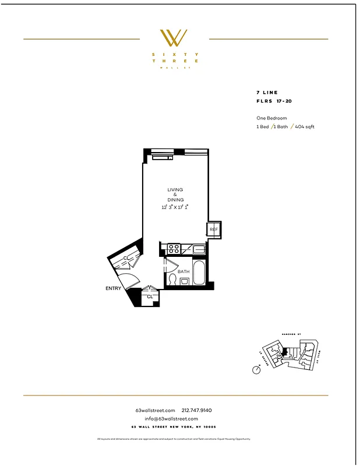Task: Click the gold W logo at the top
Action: click(x=174, y=38)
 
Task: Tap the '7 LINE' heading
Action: click(x=267, y=93)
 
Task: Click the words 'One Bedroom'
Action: click(x=271, y=118)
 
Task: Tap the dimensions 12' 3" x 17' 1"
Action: click(x=175, y=207)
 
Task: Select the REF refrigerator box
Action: click(x=214, y=230)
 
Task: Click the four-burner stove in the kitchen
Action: click(x=173, y=249)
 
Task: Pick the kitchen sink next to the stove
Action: click(x=199, y=250)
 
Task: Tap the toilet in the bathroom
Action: click(x=171, y=280)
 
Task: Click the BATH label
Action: click(x=183, y=272)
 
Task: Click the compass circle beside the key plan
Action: click(x=256, y=369)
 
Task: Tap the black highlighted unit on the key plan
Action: click(x=284, y=352)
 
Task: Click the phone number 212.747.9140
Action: click(x=197, y=411)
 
